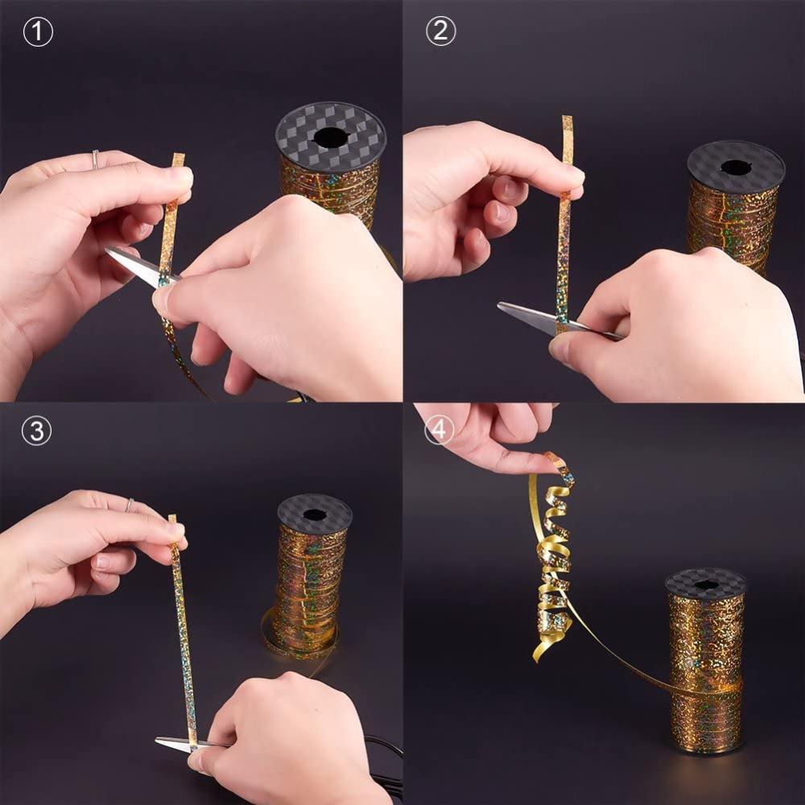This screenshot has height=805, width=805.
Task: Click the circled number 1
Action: pyautogui.click(x=38, y=32)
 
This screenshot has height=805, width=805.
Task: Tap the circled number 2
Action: pyautogui.click(x=440, y=31)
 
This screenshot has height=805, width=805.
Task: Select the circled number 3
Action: pyautogui.click(x=36, y=431)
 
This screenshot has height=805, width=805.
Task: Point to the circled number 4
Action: pyautogui.click(x=439, y=429)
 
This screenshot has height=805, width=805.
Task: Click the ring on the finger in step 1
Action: pyautogui.click(x=96, y=159)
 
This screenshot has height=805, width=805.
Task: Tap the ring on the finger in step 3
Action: pyautogui.click(x=129, y=506)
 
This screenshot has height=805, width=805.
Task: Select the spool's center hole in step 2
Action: pyautogui.click(x=735, y=167)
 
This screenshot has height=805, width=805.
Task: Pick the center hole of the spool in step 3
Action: pyautogui.click(x=315, y=514)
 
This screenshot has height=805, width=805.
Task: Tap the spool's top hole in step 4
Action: pyautogui.click(x=705, y=584)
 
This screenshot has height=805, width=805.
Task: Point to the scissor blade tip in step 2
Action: pyautogui.click(x=499, y=305)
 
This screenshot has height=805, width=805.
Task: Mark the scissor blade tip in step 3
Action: pyautogui.click(x=157, y=740)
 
